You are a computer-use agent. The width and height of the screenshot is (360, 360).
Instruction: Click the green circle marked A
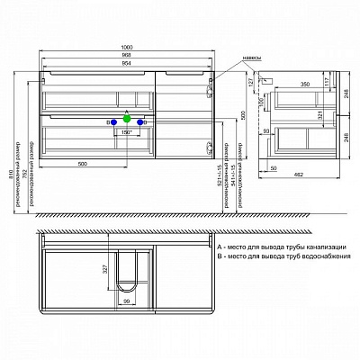[127, 119]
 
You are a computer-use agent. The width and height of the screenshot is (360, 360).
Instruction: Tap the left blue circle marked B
[112, 121]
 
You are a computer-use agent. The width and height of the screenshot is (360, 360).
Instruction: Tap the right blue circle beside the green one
[141, 121]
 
